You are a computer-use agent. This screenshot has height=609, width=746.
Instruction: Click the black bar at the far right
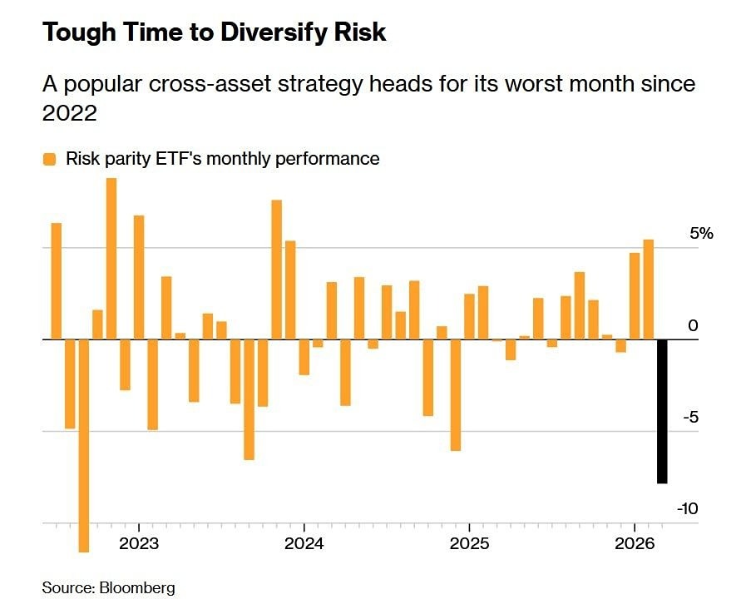pyautogui.click(x=662, y=411)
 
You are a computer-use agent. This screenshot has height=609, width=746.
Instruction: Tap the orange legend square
pyautogui.click(x=50, y=158)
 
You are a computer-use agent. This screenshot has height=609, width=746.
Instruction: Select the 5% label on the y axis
pyautogui.click(x=701, y=234)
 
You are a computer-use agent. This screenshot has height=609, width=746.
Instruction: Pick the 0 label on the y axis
pyautogui.click(x=692, y=326)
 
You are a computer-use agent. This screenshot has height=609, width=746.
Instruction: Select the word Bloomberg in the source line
pyautogui.click(x=137, y=587)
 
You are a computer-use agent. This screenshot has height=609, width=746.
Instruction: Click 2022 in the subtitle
pyautogui.click(x=70, y=113)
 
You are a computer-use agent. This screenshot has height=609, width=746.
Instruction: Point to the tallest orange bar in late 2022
pyautogui.click(x=111, y=259)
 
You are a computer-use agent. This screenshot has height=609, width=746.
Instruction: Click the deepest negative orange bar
pyautogui.click(x=84, y=445)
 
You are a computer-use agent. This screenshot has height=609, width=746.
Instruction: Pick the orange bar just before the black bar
pyautogui.click(x=649, y=290)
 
